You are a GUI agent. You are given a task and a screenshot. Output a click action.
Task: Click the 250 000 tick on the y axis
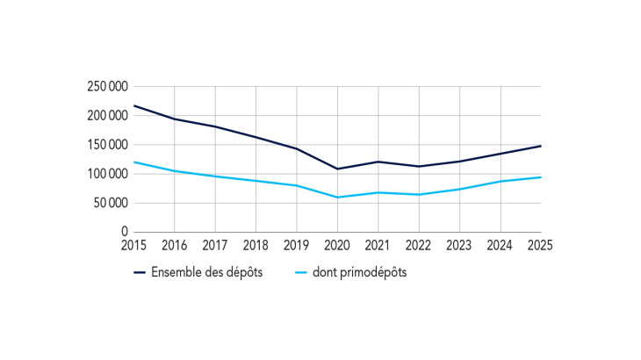(x=106, y=86)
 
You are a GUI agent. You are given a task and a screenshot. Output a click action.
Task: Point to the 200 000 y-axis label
(x=106, y=115)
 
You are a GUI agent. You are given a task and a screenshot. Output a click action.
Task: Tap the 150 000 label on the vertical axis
(x=106, y=145)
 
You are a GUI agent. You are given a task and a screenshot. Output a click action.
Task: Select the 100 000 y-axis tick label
(x=106, y=174)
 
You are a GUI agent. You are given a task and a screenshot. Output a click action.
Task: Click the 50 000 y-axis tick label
(x=109, y=203)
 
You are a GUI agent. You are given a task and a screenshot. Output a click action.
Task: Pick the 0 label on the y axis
(x=125, y=232)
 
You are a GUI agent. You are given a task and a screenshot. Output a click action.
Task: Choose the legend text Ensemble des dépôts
(x=206, y=272)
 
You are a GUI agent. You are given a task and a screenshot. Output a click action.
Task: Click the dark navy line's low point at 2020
(x=337, y=169)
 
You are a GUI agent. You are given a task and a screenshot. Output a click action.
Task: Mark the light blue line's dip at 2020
(x=337, y=198)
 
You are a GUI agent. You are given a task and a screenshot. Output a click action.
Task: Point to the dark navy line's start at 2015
(x=134, y=105)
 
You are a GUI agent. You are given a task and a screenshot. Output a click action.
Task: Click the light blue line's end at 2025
(x=540, y=177)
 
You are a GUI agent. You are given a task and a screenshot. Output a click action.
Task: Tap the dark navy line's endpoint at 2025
(x=540, y=146)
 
